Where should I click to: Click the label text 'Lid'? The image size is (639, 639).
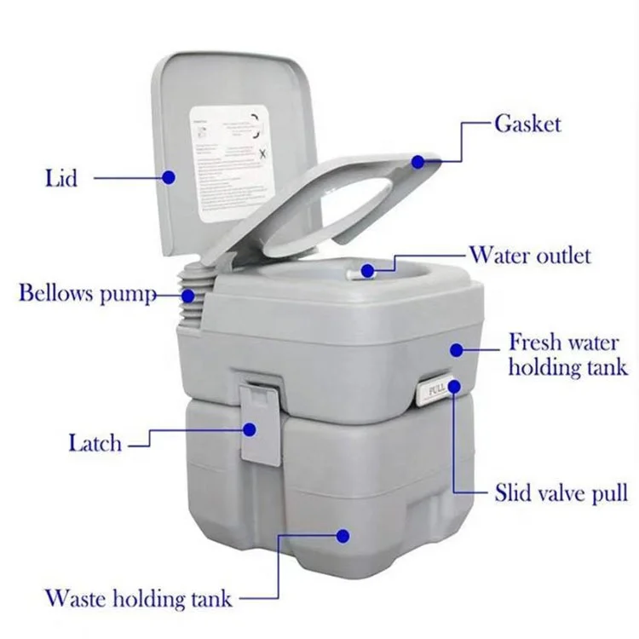point(60,178)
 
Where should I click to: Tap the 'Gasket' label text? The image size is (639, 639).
point(527,124)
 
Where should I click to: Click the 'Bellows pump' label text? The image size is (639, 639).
point(88,295)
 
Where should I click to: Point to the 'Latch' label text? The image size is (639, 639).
point(95,443)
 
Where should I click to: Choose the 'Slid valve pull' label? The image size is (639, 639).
point(561,492)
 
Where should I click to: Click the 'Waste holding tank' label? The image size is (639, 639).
point(139,596)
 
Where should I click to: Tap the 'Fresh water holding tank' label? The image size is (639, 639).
point(567,355)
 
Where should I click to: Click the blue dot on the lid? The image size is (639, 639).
point(169,177)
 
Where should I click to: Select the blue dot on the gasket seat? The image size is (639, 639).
point(419,160)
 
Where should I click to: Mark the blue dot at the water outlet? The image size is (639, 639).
point(367,270)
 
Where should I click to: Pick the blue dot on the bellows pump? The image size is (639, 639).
point(187,296)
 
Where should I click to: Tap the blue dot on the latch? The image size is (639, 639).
point(252,429)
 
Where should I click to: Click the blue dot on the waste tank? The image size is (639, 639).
point(343,537)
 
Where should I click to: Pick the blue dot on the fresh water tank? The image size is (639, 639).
point(457,349)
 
